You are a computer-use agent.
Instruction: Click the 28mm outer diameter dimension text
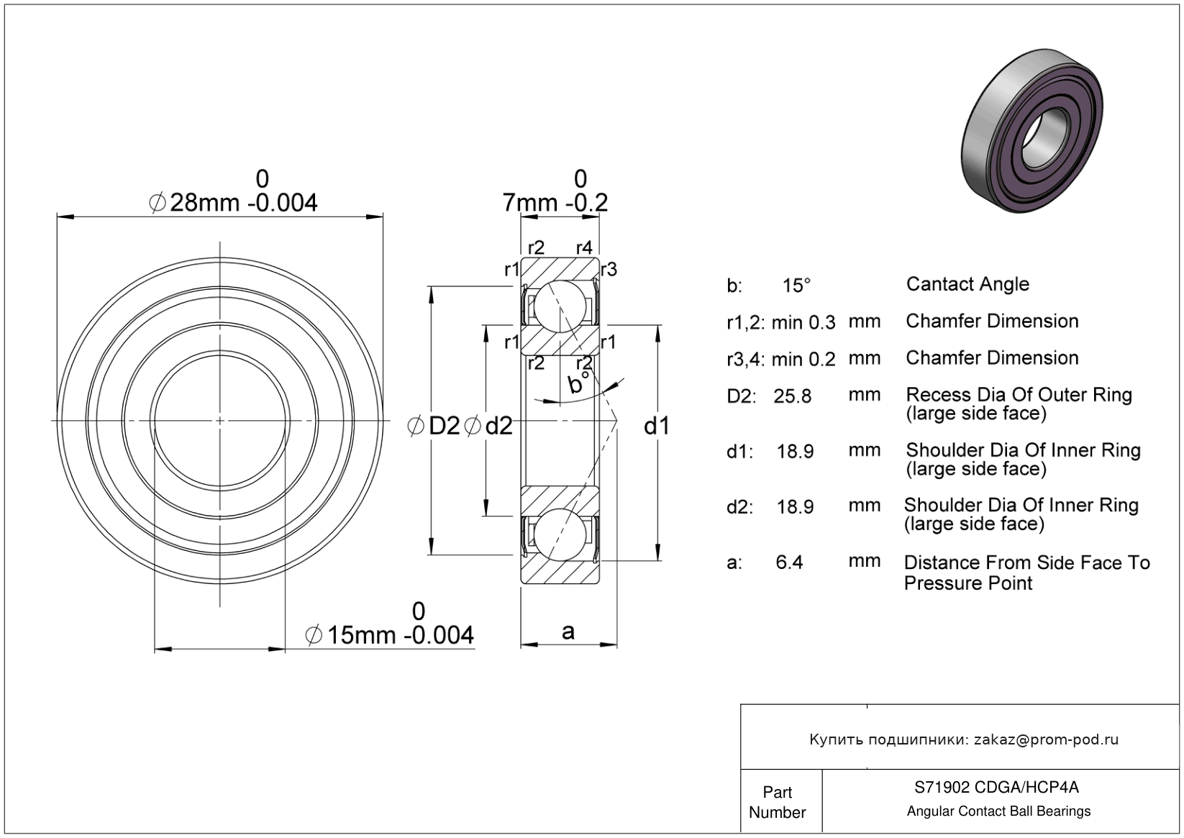coord(233,203)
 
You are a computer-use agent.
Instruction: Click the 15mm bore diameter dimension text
coord(390,635)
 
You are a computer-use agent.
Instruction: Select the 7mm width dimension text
coord(555,203)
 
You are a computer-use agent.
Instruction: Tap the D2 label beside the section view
coord(444,426)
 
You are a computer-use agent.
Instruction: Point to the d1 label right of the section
coord(657,426)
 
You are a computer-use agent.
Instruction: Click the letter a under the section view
coord(568,632)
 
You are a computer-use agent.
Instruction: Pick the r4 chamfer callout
coord(584,247)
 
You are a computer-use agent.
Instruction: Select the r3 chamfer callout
coord(609,270)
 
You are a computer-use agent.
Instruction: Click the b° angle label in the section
coord(578,382)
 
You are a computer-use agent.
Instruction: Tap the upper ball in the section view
coord(560,306)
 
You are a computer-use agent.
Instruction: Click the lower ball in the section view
coord(560,534)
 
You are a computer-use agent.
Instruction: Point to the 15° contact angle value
coord(796,286)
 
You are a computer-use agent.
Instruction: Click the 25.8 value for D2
coord(792,396)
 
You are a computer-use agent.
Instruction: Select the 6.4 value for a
coord(789,562)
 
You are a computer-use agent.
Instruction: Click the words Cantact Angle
coord(967,284)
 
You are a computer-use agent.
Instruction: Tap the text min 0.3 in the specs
coord(803,322)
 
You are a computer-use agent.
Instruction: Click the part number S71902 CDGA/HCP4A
coord(997,787)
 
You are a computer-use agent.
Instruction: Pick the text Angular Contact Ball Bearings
coord(998,811)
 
